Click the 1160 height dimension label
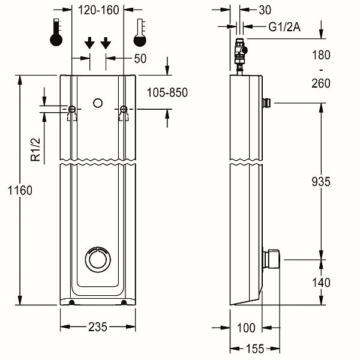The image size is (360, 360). click(20, 191)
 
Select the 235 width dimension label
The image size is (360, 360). click(98, 327)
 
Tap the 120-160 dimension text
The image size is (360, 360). click(98, 10)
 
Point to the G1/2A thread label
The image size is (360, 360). click(284, 27)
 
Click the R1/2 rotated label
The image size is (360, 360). click(35, 149)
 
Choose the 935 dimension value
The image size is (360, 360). click(321, 182)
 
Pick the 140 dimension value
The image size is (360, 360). click(321, 283)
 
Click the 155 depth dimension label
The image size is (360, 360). click(255, 349)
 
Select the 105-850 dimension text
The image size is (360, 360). click(167, 93)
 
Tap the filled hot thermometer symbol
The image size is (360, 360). click(56, 32)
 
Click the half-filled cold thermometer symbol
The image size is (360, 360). click(140, 32)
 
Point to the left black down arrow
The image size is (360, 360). click(89, 43)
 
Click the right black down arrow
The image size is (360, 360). click(106, 43)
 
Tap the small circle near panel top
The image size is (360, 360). click(98, 103)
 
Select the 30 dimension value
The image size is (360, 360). click(265, 10)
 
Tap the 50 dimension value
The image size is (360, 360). click(140, 59)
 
